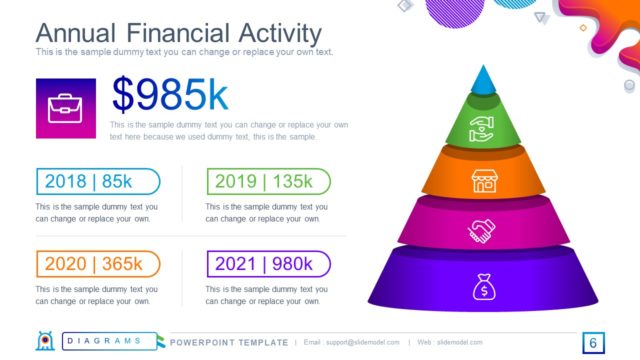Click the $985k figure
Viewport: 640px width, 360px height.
click(x=170, y=95)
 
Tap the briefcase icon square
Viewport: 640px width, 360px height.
click(x=66, y=108)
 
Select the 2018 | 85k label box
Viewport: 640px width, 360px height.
click(x=97, y=182)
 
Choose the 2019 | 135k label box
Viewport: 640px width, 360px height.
click(x=268, y=182)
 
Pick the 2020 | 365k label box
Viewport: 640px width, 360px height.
click(x=97, y=264)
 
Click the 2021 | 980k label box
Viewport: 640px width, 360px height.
click(x=268, y=264)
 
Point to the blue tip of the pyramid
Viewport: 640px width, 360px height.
click(x=484, y=80)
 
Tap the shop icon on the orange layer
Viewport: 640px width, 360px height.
click(x=484, y=181)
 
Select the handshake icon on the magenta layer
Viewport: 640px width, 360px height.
click(x=484, y=231)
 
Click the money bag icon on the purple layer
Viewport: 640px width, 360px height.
click(x=484, y=288)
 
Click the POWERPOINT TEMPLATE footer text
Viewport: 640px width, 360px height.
click(x=229, y=343)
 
